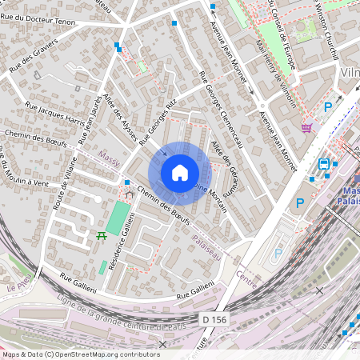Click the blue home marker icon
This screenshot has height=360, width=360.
click(180, 172)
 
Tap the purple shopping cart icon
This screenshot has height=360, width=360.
click(306, 126)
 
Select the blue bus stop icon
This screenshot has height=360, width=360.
click(324, 164)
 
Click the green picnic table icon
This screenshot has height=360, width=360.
click(102, 235)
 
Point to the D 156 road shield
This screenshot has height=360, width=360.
click(214, 319)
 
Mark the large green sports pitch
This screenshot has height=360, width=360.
click(118, 218)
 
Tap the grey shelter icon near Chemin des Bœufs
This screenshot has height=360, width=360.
click(129, 194)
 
